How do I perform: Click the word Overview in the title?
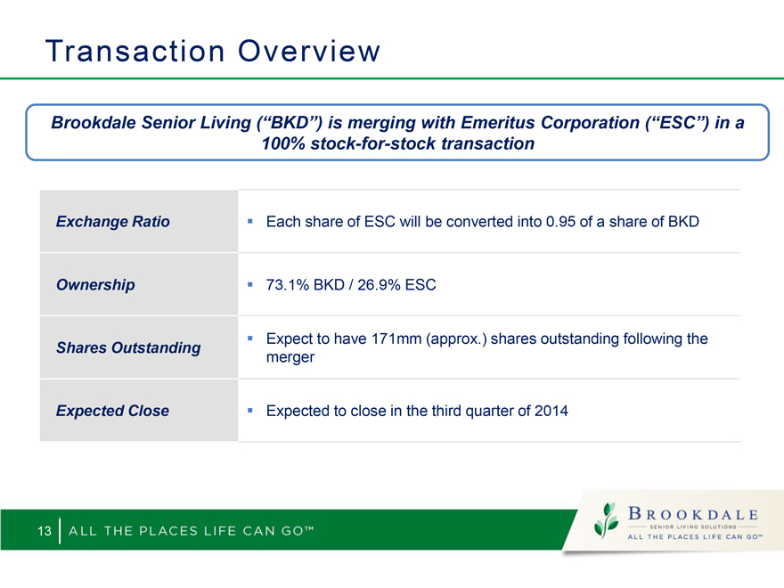[309, 51]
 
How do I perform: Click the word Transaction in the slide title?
[135, 51]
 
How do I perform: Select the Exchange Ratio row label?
[113, 222]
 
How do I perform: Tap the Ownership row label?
[95, 285]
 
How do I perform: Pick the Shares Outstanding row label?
[128, 347]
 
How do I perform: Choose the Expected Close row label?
[112, 411]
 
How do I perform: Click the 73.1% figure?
[288, 284]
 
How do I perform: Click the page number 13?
[45, 530]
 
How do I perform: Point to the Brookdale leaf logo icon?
[606, 520]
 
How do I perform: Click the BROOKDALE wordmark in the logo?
[693, 513]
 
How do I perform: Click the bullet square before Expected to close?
[250, 410]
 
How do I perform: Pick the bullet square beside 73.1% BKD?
[250, 284]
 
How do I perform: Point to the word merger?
[290, 357]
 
